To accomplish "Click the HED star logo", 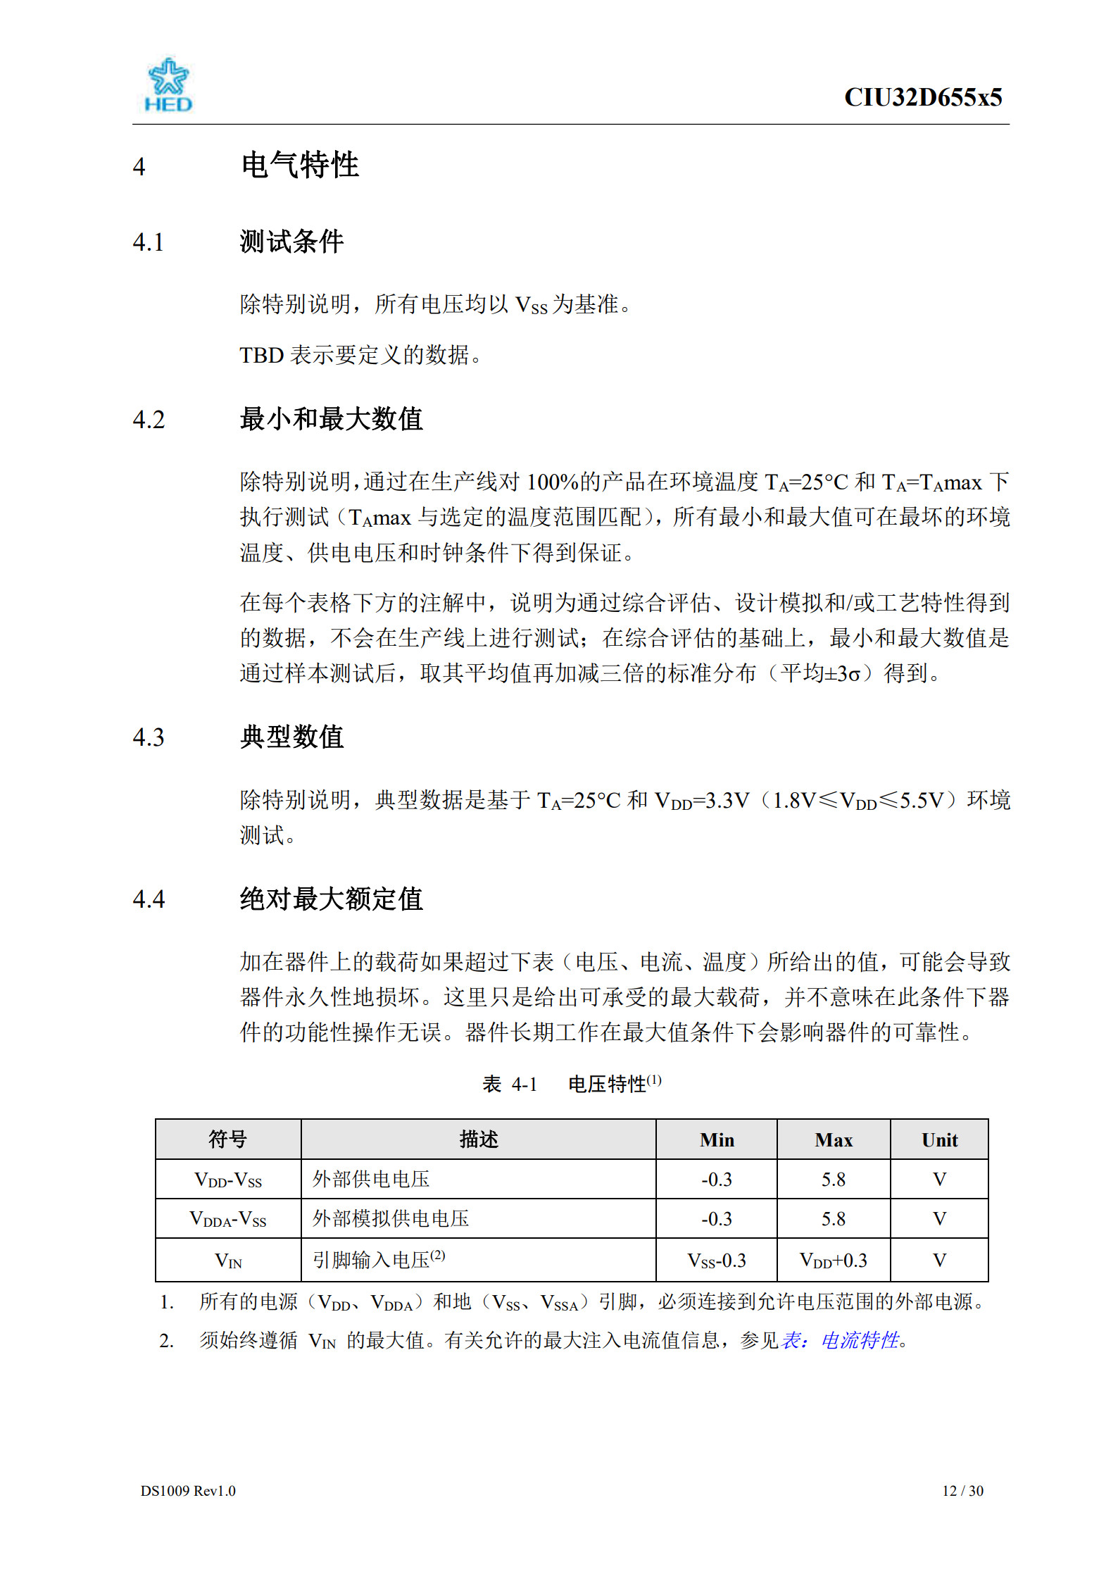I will coord(168,85).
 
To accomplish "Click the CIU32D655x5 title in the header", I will coord(922,97).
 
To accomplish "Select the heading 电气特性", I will coord(300,165).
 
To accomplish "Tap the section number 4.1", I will coord(149,242).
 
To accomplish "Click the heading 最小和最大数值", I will coord(331,419).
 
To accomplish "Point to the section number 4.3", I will coord(149,737).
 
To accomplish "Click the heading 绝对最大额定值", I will coord(331,899).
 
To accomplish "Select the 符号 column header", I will coord(228,1139).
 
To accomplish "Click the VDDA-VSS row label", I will coord(228,1219).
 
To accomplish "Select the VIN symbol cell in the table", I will coord(228,1261).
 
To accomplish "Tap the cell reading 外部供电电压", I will coord(371,1180).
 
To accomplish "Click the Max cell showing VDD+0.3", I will coord(834,1261).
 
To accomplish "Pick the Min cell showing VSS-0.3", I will coord(717,1261).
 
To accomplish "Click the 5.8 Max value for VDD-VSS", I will coord(834,1180).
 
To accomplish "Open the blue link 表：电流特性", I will coord(841,1340).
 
